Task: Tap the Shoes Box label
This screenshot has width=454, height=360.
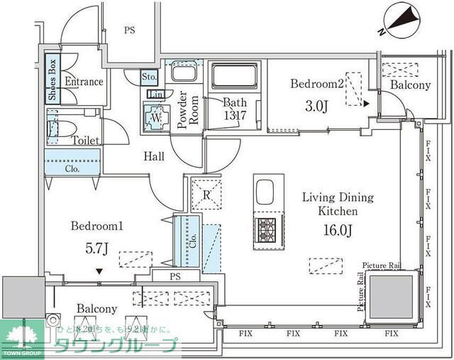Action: click(52, 80)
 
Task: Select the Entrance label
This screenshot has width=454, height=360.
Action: click(84, 82)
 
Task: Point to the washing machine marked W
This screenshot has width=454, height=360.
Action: click(156, 116)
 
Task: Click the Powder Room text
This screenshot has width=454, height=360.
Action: click(182, 110)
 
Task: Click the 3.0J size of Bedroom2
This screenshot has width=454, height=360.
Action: click(318, 107)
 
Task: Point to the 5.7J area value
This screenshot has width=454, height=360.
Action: click(96, 248)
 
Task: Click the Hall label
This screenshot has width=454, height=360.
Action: click(155, 156)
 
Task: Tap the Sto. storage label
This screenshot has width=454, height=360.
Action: click(149, 76)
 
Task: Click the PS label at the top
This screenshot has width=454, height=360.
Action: click(130, 30)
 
